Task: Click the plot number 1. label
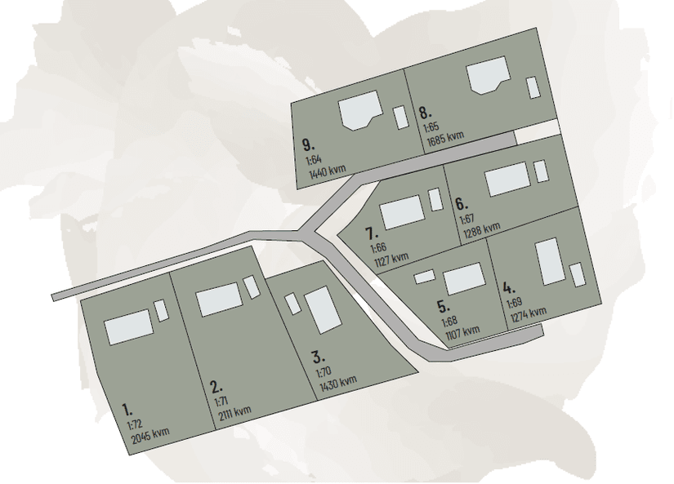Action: point(127,410)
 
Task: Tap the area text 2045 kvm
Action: point(150,434)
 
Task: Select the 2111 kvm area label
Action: point(234,413)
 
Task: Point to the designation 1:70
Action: point(324,371)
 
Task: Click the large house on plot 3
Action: point(323,309)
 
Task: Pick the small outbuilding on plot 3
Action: point(292,304)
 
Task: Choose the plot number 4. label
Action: point(509,288)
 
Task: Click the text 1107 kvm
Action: point(462,333)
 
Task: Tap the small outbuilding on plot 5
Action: point(424,277)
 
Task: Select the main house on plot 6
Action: point(507,179)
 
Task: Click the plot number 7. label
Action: point(372,234)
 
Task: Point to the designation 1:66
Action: point(378,248)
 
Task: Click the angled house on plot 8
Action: point(489,75)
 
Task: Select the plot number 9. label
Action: point(308,144)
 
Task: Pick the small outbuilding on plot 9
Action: point(400,118)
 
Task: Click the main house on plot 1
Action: point(129,326)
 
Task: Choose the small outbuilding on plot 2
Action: point(252,286)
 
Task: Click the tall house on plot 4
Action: point(550,261)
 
